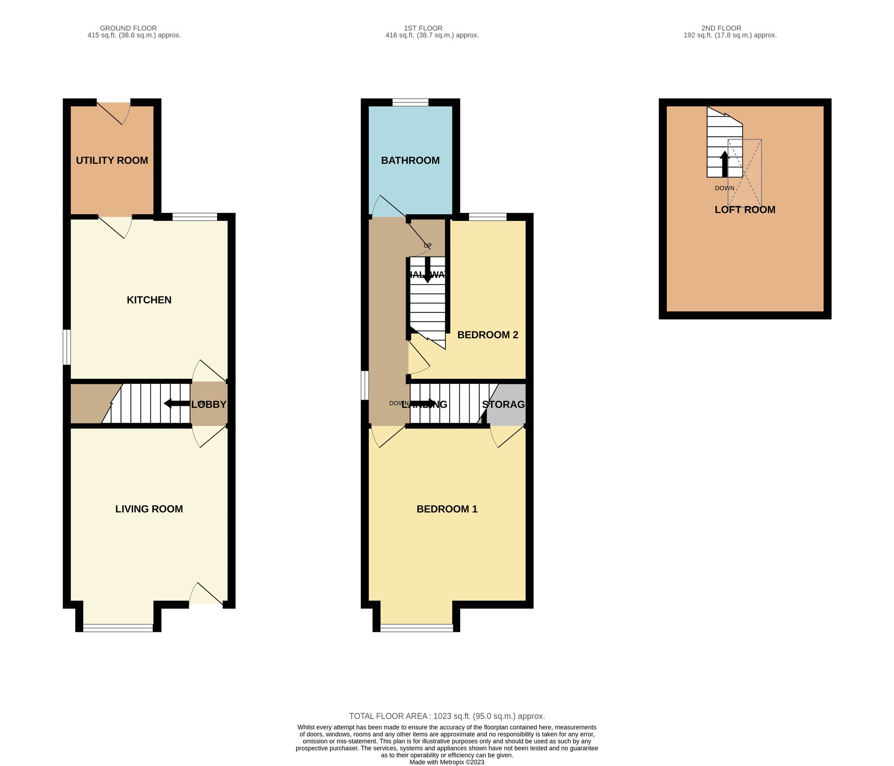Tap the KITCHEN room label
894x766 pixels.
[149, 300]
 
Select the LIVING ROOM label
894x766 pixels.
[149, 509]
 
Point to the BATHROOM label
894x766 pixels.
[410, 160]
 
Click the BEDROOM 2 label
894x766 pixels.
[487, 334]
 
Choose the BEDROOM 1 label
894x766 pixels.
[447, 509]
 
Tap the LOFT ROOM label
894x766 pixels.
[745, 210]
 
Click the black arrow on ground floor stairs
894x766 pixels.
[177, 404]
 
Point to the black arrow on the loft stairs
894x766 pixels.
[725, 164]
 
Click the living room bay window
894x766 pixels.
[118, 628]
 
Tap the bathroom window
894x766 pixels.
[410, 102]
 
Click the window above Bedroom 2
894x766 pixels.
[487, 217]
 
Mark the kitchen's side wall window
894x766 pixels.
[66, 347]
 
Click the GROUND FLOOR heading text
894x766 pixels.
[128, 28]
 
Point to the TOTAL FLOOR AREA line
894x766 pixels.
[447, 716]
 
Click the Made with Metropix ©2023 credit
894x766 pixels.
[447, 762]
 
